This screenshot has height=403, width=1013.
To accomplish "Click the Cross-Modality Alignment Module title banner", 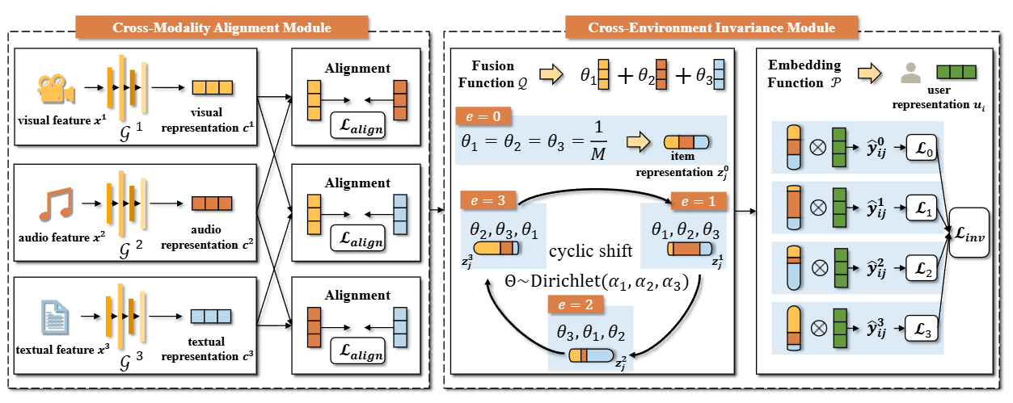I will pyautogui.click(x=222, y=27).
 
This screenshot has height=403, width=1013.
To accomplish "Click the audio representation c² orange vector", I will pyautogui.click(x=212, y=204).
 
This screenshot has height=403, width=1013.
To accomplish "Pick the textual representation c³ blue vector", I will pyautogui.click(x=212, y=317).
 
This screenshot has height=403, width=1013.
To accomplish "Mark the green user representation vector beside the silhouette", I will pyautogui.click(x=956, y=72).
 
